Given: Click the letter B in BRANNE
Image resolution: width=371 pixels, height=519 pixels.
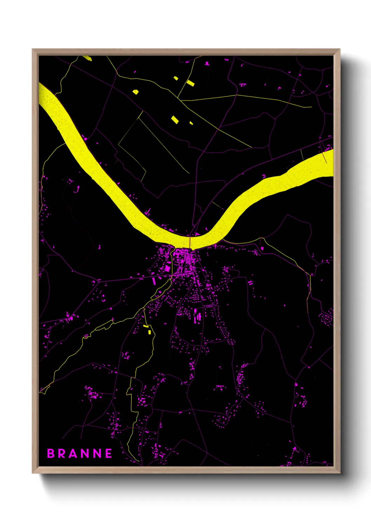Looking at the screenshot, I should click(x=51, y=453).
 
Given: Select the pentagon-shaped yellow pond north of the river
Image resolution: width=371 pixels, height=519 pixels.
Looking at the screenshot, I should click(x=135, y=92).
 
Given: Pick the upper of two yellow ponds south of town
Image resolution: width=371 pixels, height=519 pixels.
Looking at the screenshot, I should click(x=146, y=326).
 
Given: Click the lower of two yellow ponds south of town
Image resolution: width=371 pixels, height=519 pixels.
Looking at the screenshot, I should click(x=149, y=332).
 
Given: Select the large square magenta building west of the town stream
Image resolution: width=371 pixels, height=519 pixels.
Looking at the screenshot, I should click(x=168, y=269).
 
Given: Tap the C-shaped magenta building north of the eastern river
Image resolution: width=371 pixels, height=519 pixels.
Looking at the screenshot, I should click(x=264, y=176).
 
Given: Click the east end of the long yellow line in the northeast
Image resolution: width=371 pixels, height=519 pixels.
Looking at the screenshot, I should click(x=311, y=107).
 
